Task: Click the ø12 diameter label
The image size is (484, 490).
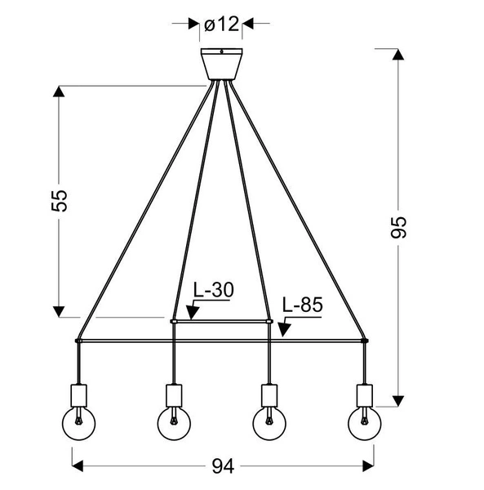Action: click(221, 24)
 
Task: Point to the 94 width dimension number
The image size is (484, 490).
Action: click(223, 466)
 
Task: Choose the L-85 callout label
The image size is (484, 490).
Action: click(303, 305)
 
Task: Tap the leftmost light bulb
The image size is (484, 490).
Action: click(80, 424)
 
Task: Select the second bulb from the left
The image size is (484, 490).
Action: click(174, 424)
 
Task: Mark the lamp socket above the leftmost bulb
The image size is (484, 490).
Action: click(80, 394)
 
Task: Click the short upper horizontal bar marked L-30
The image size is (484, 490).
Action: click(221, 322)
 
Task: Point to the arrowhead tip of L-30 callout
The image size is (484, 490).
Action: click(189, 318)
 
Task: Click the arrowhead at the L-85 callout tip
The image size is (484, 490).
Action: click(282, 335)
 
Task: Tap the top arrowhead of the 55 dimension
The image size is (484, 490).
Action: click(59, 91)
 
